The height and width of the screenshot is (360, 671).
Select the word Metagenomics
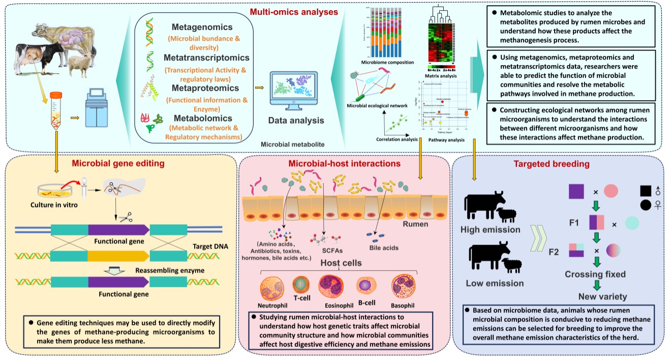coord(202,26)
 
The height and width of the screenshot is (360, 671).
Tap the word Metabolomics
coord(202,118)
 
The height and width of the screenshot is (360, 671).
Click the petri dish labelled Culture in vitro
coord(52,190)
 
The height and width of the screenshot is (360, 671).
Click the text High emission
coord(490,229)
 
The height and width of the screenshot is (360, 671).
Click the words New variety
coord(602,296)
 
